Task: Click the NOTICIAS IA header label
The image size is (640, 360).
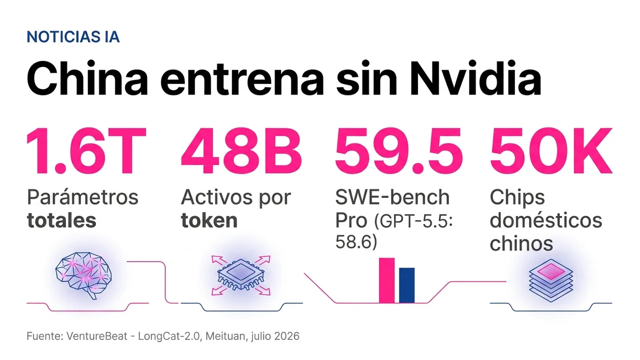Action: pos(73,37)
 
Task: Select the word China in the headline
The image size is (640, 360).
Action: pos(87,78)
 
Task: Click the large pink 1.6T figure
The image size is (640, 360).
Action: pos(86,151)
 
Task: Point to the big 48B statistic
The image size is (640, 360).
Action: pos(241,151)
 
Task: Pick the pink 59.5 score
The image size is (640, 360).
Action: pos(398,151)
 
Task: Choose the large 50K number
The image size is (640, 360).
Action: pos(551,151)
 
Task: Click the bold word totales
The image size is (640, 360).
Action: pos(61,220)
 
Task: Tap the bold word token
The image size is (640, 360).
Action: pos(209,220)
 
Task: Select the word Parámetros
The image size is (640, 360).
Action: pos(82,197)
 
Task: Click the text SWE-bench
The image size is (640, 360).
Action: pos(392,197)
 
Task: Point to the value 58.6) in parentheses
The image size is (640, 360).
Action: pos(356,242)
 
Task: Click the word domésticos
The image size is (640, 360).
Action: pos(545,220)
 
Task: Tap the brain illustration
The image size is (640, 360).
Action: pos(83,275)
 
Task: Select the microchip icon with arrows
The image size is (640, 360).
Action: pos(241,275)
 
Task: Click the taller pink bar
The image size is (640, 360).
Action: pos(386,280)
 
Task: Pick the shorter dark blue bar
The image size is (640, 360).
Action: pos(406,285)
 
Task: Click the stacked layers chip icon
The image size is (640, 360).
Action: pos(551,280)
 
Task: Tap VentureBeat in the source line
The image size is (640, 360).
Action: pos(97,336)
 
